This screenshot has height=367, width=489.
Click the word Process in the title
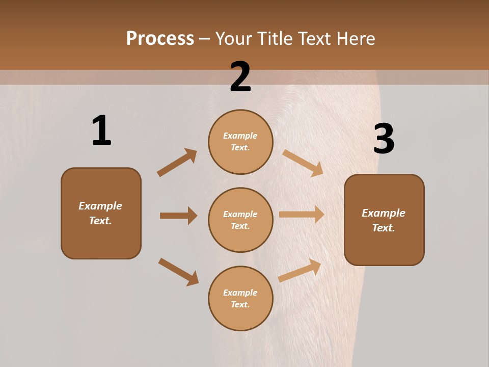(160, 38)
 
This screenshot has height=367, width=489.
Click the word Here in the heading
(354, 38)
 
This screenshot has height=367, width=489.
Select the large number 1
(101, 131)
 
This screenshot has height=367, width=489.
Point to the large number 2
(240, 77)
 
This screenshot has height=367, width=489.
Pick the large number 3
(384, 139)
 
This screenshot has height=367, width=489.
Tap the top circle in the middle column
(240, 142)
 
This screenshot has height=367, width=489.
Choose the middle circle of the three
(240, 220)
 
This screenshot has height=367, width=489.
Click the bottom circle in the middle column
(240, 298)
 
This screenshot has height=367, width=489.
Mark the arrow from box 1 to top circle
(177, 163)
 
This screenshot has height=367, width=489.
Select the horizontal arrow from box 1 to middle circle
(178, 216)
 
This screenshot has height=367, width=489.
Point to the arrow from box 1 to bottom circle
(178, 271)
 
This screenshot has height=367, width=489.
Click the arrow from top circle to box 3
(303, 163)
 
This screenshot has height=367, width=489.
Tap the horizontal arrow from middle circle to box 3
(302, 215)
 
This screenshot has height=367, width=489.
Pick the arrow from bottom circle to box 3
(300, 270)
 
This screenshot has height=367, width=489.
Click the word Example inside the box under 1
(100, 206)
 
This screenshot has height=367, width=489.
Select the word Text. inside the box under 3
(384, 228)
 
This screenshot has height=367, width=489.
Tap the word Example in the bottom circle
(240, 293)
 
